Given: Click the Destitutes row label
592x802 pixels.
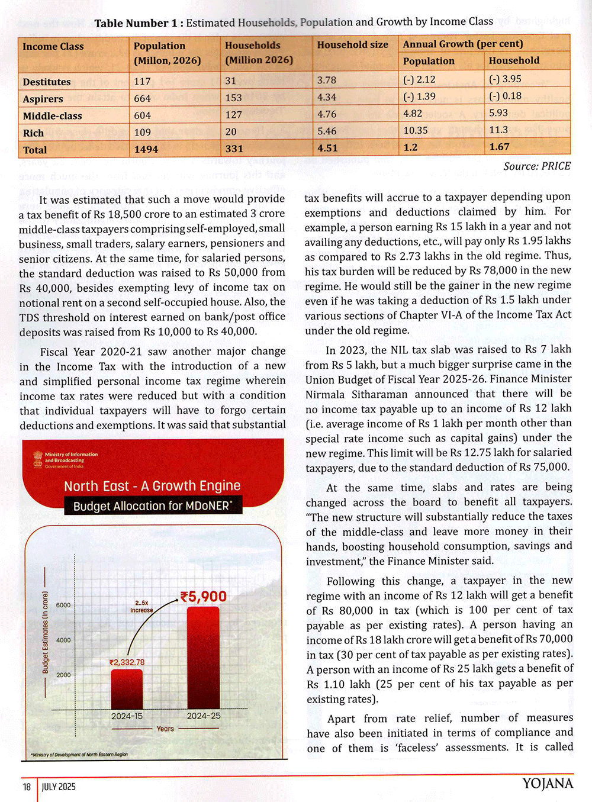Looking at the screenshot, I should (47, 82).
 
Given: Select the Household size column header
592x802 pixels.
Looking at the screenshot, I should (352, 44).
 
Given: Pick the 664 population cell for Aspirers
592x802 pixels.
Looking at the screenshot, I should (143, 98).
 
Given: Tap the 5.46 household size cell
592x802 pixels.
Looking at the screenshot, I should (327, 131).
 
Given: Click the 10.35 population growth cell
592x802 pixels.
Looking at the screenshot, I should (416, 130).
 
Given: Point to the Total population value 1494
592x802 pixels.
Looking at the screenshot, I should (146, 149).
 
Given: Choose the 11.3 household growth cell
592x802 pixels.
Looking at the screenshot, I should (498, 130).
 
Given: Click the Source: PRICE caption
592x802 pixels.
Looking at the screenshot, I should (537, 166).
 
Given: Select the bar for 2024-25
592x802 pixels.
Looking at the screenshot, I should (203, 658).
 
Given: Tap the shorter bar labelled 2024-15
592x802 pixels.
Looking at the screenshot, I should (127, 689).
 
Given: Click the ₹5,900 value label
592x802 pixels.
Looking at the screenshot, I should (203, 597).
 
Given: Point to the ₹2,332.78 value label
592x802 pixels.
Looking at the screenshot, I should (127, 662).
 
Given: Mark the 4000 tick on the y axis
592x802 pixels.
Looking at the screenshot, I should (63, 640).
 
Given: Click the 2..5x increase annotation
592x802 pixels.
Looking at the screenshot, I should (141, 607).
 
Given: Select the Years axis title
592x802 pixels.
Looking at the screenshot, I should (165, 729).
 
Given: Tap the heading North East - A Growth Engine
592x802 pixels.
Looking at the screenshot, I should (152, 486).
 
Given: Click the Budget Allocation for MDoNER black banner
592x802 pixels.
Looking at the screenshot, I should (153, 506).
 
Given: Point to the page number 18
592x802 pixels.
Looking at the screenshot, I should (27, 787).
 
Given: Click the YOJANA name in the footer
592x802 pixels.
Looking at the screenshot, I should (548, 784).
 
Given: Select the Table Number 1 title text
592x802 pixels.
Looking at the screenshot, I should (294, 22).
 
